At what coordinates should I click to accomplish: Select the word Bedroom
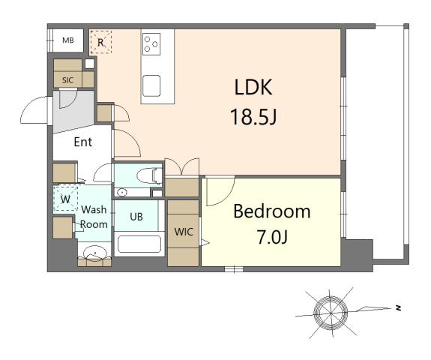271,211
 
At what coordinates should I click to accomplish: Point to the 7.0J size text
271,238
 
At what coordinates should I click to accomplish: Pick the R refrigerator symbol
100,43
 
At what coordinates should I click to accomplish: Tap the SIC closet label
68,79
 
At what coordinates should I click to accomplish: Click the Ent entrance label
83,142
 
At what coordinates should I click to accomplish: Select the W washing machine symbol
66,199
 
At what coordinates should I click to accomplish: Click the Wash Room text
94,217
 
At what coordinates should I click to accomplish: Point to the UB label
136,217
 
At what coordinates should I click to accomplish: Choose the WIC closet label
184,232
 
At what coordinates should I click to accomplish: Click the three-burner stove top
152,43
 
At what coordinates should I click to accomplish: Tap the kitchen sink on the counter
152,87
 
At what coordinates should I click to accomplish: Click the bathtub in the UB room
139,244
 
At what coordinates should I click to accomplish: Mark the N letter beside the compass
400,307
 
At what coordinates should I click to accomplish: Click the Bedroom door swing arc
219,192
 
